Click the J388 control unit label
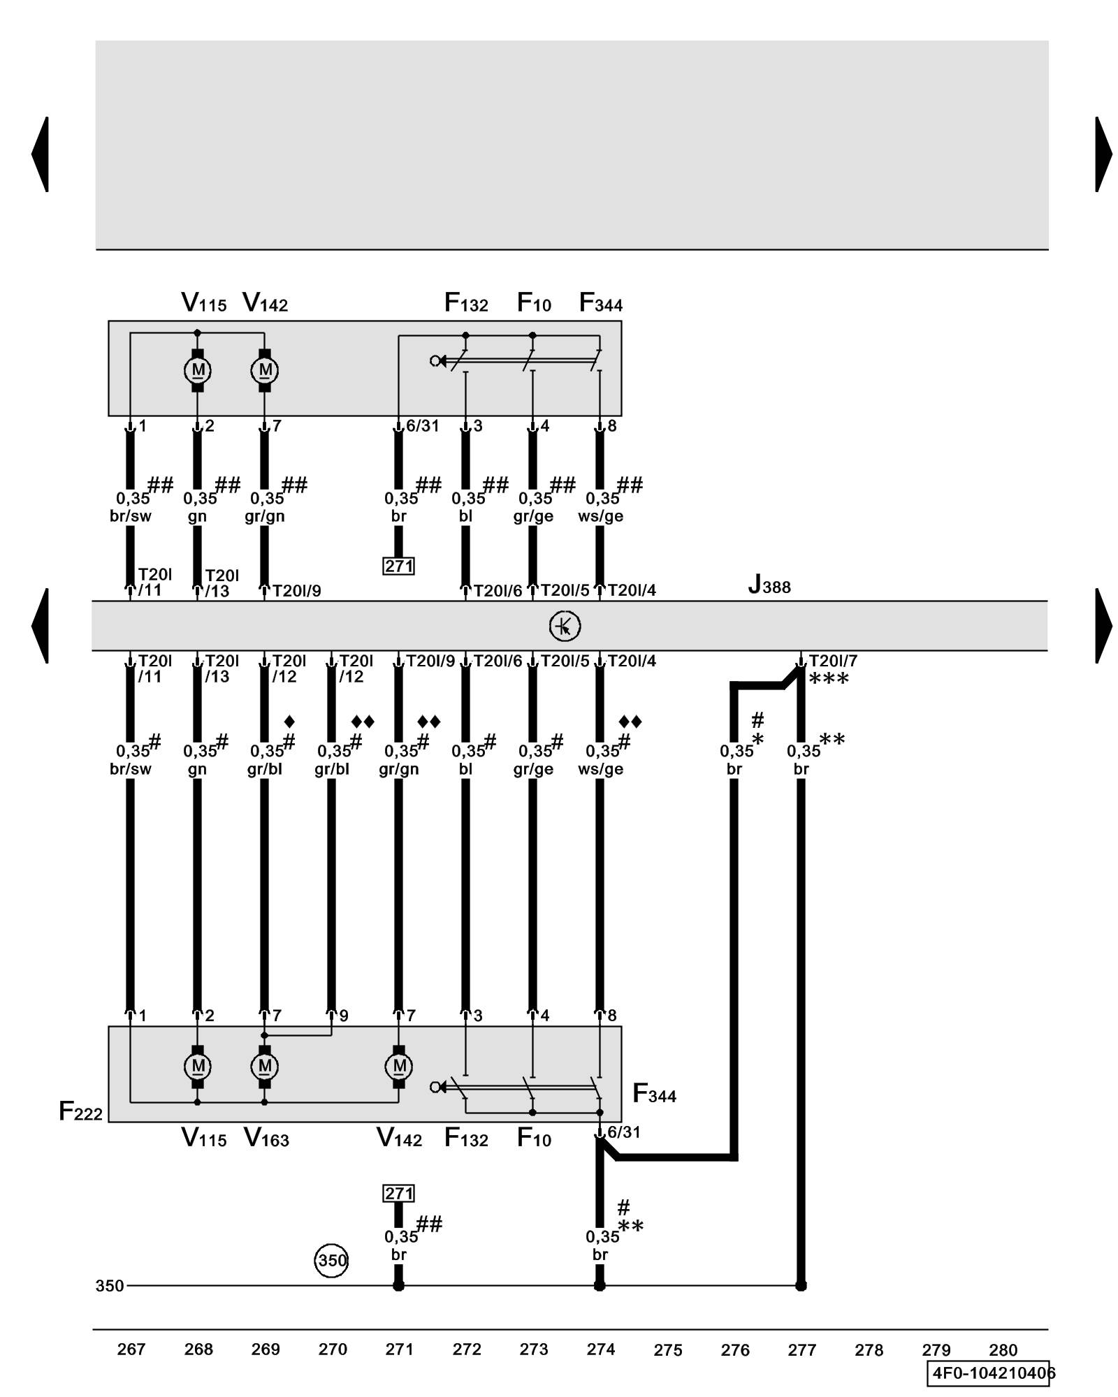pos(769,585)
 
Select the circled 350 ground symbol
pos(331,1260)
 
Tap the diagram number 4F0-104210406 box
pos(990,1373)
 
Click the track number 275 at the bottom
pos(667,1350)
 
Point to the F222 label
pos(80,1111)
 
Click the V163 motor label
pos(266,1139)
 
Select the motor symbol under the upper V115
pos(198,370)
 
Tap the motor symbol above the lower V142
pos(399,1066)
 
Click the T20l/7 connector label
pos(833,661)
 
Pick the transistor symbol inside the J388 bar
pos(565,626)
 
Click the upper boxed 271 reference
pos(398,566)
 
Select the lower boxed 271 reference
pos(398,1193)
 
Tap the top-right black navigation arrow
pos(1103,154)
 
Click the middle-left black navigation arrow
pos(41,625)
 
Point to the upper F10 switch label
pos(534,303)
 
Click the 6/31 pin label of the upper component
pos(422,426)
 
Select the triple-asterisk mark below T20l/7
pos(829,679)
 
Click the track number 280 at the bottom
pos(1003,1350)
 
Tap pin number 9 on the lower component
pos(344,1016)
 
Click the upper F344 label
pos(600,303)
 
